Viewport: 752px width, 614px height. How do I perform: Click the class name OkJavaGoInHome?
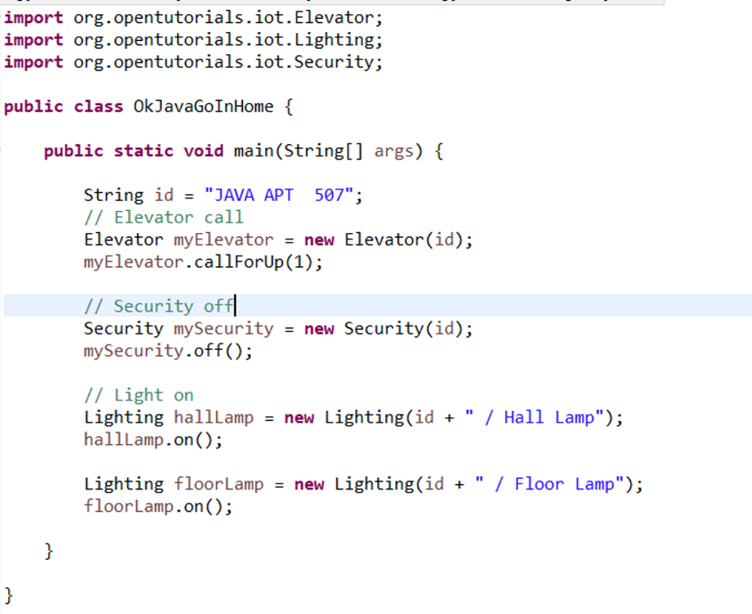(x=204, y=107)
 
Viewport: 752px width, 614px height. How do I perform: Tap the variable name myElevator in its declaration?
(x=223, y=240)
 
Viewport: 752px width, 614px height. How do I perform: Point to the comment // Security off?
(x=158, y=307)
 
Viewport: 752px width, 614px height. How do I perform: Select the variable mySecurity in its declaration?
(x=223, y=329)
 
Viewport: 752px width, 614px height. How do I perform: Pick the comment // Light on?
(x=139, y=396)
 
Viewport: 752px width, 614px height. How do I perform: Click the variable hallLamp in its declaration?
(x=214, y=418)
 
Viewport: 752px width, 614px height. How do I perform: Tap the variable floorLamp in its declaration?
(x=219, y=485)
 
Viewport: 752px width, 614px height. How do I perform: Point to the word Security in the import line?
(x=338, y=62)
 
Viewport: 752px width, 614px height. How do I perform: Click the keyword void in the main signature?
(x=203, y=151)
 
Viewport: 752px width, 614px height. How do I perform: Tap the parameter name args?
(x=393, y=151)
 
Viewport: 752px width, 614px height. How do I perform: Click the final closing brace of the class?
(x=9, y=594)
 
